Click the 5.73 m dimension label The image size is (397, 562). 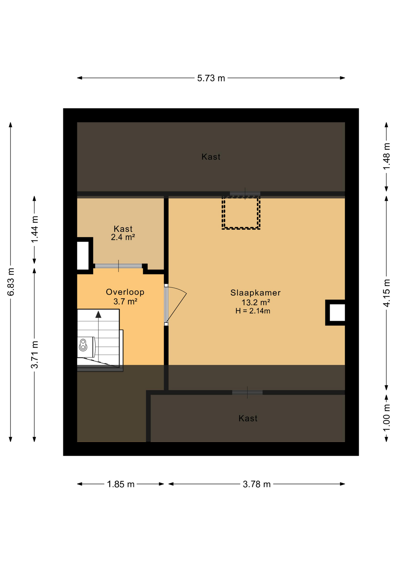211,78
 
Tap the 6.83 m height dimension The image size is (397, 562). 11,282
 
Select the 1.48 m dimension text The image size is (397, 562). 386,156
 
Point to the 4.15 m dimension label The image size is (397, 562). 386,293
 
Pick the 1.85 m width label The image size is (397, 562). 120,484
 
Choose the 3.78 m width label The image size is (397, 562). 257,484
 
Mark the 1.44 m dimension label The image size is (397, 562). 34,229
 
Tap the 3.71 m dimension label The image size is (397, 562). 34,354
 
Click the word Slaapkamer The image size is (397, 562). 256,293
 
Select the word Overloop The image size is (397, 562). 125,292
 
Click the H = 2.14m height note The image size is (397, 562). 253,311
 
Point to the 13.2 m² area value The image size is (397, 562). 256,302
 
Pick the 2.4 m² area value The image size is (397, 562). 123,237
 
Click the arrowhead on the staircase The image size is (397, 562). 98,314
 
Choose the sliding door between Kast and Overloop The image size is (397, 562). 118,266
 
